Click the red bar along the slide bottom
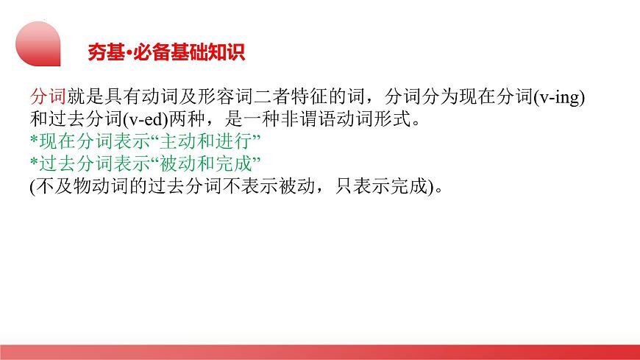coord(320,352)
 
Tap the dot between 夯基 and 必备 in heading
coord(127,53)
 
